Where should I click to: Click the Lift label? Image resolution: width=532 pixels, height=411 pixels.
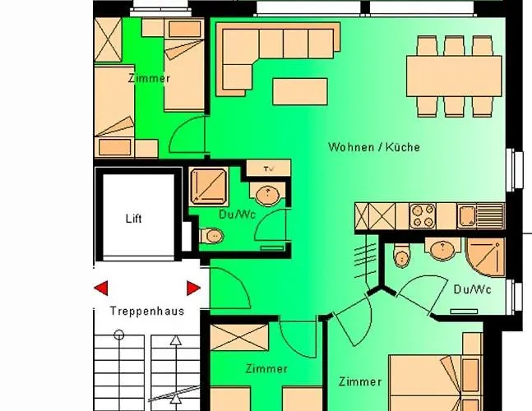pos(134,219)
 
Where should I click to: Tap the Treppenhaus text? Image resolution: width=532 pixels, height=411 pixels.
pos(147,311)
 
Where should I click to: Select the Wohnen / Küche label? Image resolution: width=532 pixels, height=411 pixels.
pos(374,147)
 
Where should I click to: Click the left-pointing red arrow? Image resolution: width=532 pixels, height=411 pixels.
pos(101,288)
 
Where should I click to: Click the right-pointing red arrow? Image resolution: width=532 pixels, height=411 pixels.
pos(193,288)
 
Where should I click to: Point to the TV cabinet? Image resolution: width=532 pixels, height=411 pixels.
pos(268,169)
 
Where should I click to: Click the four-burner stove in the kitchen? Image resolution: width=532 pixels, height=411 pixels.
pos(423,215)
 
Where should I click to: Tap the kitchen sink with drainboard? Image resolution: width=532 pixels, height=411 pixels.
pos(480,215)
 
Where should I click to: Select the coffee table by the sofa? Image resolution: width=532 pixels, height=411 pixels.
pos(300,91)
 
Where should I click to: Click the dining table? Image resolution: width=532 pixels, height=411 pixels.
pos(454,76)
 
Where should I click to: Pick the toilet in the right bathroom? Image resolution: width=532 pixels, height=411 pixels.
pos(402,254)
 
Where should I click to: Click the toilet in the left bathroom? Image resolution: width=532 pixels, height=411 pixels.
pos(211,235)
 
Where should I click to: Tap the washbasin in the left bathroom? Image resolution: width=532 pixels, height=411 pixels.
pos(267,194)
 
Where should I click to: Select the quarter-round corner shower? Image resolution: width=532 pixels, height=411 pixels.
pos(485,257)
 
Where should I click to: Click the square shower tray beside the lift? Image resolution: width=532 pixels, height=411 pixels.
pos(208,187)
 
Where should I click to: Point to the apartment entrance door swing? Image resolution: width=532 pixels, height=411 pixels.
pos(230,288)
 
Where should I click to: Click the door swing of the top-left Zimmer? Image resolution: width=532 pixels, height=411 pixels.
pos(187,134)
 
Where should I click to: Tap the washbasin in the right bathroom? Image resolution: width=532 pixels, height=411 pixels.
pos(442,248)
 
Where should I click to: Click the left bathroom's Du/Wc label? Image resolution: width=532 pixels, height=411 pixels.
pos(237,215)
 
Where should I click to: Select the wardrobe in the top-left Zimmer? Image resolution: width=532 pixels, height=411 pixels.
pos(108,40)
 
